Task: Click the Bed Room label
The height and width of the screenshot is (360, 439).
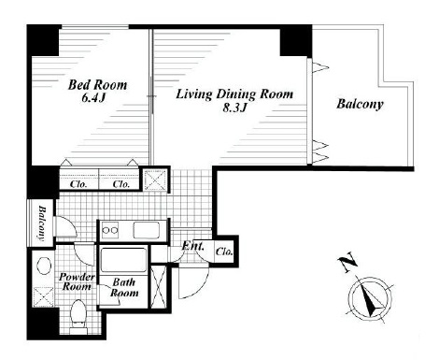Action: pos(97,85)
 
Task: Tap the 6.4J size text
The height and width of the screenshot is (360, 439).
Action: pos(93,98)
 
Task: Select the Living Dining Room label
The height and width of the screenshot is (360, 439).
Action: pos(234,94)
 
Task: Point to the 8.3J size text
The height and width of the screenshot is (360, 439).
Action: pos(234,108)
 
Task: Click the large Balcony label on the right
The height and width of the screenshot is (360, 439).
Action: pos(360,104)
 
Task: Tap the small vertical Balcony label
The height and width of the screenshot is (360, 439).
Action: pos(41,223)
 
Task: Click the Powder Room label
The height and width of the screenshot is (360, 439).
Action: pos(77,281)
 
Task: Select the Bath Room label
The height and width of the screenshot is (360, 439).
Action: pos(124,287)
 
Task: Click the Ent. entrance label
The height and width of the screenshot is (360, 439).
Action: pos(193,246)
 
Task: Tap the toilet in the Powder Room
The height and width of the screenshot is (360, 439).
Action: pos(78,315)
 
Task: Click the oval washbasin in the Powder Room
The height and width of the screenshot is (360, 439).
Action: pos(44,266)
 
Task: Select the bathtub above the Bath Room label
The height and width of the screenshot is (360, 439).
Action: pos(124,260)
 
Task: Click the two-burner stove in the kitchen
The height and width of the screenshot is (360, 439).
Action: pos(110,230)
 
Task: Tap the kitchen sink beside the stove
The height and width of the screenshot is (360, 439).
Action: pos(147,230)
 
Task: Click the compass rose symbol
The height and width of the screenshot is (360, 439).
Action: pos(370,298)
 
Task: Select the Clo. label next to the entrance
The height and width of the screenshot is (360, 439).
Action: pos(224,252)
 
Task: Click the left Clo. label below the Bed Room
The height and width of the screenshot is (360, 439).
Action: pos(78,184)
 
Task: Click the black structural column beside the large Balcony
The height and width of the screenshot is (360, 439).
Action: pos(296,41)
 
